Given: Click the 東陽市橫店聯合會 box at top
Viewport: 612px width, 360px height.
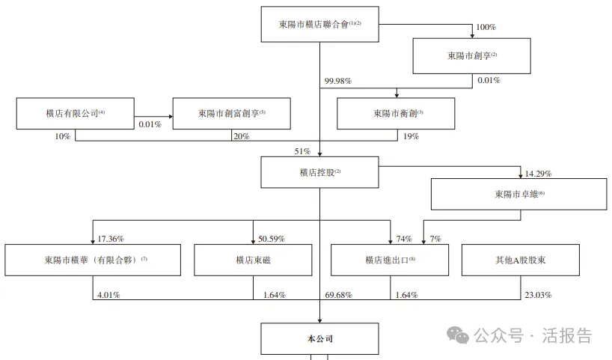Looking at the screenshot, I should tap(319, 24).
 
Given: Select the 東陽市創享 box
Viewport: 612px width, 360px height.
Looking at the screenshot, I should tap(471, 55).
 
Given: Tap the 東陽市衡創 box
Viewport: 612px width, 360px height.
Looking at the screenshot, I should tap(397, 113).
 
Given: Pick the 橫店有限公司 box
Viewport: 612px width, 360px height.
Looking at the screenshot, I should tap(75, 113).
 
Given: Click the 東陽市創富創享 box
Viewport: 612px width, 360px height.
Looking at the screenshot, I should tap(231, 113).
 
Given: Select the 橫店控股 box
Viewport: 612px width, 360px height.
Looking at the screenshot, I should tap(319, 171).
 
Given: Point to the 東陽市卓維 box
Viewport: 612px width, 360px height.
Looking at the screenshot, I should tap(519, 194).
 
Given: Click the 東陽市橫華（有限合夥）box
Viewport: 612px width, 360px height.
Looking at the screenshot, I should tap(92, 259).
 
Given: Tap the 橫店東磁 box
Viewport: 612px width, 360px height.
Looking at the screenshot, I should tap(253, 259).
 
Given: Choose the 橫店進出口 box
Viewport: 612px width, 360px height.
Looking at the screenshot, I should tap(390, 259).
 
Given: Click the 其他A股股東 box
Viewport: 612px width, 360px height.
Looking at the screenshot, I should tap(520, 259).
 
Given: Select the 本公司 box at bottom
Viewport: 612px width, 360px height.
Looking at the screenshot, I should tap(319, 338).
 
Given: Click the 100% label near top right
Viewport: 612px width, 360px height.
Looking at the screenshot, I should tap(486, 27).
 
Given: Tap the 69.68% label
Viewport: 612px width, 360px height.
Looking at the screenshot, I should tap(339, 295).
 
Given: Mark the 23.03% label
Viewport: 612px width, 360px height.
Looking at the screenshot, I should tap(538, 295).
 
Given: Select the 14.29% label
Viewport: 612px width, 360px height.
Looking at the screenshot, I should tap(539, 174).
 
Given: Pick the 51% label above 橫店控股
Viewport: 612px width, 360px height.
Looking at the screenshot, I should tap(302, 152).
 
